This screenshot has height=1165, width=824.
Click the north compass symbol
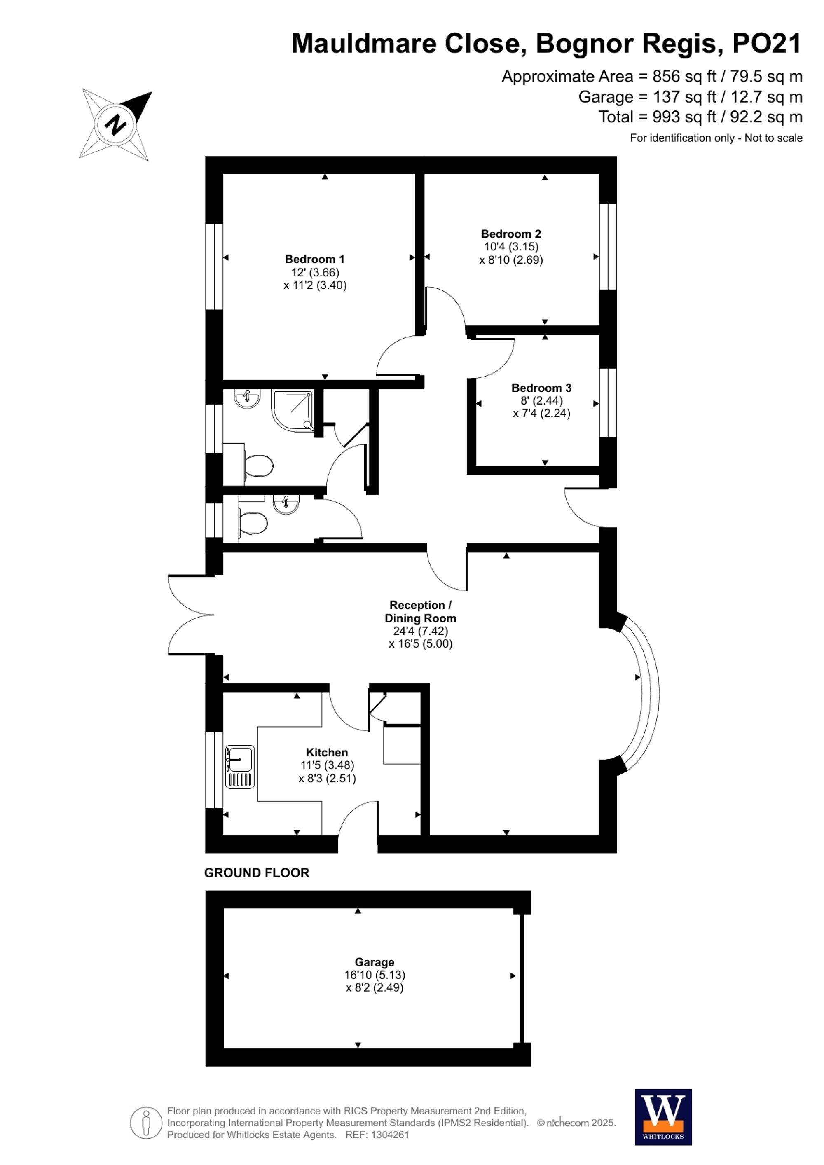point(116,124)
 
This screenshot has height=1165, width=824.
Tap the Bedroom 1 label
point(315,259)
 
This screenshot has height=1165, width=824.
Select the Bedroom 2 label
point(510,234)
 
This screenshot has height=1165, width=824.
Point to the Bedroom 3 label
point(541,388)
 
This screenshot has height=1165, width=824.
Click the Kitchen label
point(327,753)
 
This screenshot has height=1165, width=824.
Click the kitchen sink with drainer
point(239,767)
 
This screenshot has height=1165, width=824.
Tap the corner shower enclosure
point(293,410)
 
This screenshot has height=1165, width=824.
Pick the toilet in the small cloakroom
point(253,523)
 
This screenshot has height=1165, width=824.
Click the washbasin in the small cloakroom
point(286,504)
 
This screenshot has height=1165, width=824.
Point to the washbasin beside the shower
point(247,398)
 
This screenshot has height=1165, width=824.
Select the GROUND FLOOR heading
point(257,873)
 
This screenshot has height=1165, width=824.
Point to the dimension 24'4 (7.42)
point(420,631)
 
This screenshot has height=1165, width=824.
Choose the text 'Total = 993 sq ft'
point(657,117)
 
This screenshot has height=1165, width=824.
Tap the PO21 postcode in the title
point(767,44)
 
